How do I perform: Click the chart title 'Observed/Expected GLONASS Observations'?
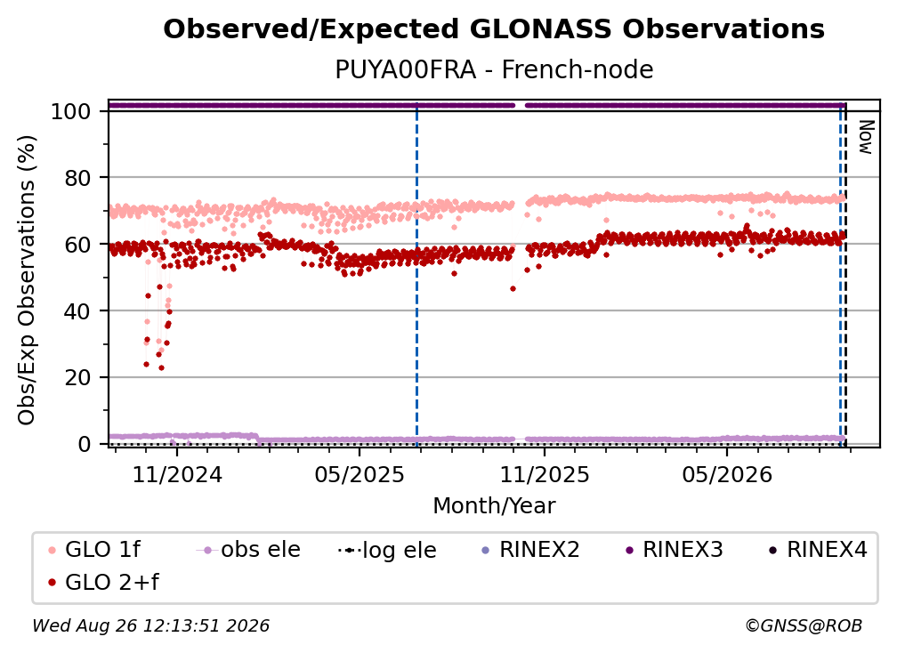pyautogui.click(x=494, y=29)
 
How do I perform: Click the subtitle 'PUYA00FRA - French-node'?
pyautogui.click(x=494, y=69)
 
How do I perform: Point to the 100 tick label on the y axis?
pyautogui.click(x=71, y=111)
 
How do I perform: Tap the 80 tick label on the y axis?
pyautogui.click(x=77, y=178)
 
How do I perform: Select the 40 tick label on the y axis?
pyautogui.click(x=77, y=311)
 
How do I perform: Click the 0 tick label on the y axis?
pyautogui.click(x=85, y=444)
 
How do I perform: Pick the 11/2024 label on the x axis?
pyautogui.click(x=177, y=474)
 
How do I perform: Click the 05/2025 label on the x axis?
pyautogui.click(x=360, y=474)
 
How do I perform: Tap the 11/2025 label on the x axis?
pyautogui.click(x=545, y=474)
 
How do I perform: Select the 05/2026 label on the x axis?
pyautogui.click(x=727, y=474)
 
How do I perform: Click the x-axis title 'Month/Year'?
pyautogui.click(x=494, y=505)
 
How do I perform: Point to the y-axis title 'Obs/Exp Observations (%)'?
pyautogui.click(x=27, y=280)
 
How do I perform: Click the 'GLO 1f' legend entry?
pyautogui.click(x=94, y=550)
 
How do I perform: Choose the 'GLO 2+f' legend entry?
pyautogui.click(x=103, y=582)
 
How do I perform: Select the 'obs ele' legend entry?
pyautogui.click(x=248, y=550)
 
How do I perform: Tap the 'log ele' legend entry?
pyautogui.click(x=387, y=550)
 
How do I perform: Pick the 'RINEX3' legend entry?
pyautogui.click(x=674, y=550)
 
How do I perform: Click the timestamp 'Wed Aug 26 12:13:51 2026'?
pyautogui.click(x=150, y=625)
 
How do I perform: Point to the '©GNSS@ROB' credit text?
pyautogui.click(x=804, y=625)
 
